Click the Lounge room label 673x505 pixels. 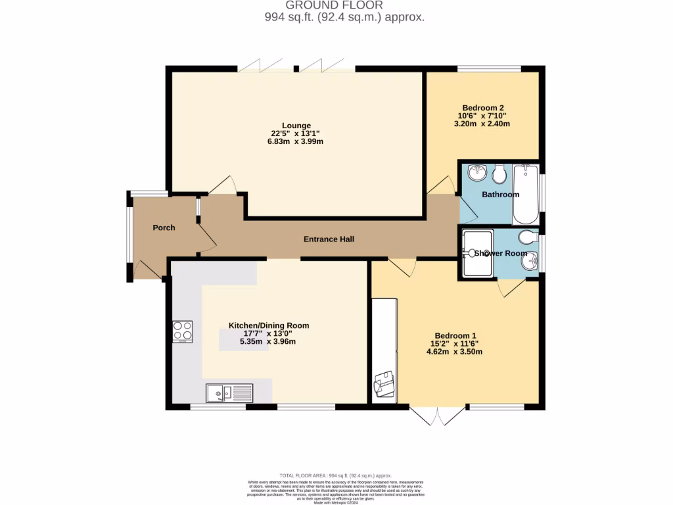coord(296,126)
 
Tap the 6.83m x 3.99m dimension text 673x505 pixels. coord(296,141)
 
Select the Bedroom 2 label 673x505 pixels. coord(483,108)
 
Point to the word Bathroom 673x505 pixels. coord(500,195)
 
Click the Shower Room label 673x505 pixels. coord(501,253)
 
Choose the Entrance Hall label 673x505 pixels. coord(329,239)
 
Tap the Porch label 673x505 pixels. coord(164,228)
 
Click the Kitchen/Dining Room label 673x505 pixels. coord(268,325)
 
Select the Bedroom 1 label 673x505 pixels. coord(454,335)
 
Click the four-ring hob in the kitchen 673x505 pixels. coord(183,332)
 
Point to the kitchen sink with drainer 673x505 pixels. coord(229,393)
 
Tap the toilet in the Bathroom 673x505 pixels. coord(499,174)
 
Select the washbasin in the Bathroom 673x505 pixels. coord(477,174)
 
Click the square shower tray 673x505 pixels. coord(476,253)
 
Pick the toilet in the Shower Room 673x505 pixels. coord(528,237)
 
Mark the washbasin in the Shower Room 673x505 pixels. coord(528,262)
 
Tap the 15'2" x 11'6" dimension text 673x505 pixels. coord(454,343)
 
